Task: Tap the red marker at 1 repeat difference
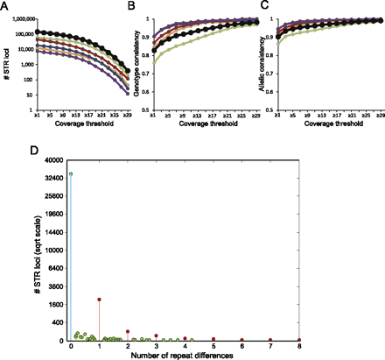[x=100, y=300]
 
